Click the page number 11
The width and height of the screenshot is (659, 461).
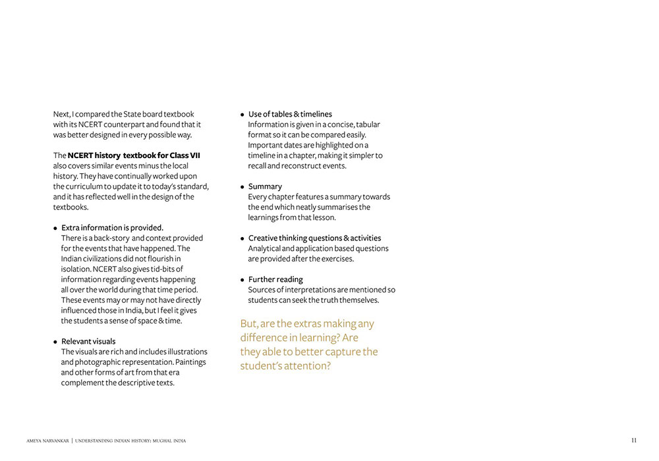[x=634, y=441]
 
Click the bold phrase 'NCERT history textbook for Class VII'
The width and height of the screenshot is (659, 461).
[x=134, y=155]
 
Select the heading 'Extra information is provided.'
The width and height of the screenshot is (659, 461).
[x=112, y=228]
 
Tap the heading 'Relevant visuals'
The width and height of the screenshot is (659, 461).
[x=88, y=341]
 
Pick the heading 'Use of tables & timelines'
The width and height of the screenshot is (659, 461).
[x=290, y=114]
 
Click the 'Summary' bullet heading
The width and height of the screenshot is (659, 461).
[x=265, y=186]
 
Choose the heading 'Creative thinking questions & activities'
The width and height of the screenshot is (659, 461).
[x=314, y=238]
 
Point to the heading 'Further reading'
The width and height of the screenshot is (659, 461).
[x=275, y=279]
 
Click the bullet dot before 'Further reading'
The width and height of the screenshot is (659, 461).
[x=243, y=280]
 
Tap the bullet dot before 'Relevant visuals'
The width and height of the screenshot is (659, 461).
[x=55, y=342]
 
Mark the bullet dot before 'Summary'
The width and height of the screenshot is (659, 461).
[x=243, y=187]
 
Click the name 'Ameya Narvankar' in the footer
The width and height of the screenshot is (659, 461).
[x=47, y=441]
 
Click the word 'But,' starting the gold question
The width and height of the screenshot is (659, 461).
[x=248, y=324]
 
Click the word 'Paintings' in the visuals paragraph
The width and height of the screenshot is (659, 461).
[x=190, y=362]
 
